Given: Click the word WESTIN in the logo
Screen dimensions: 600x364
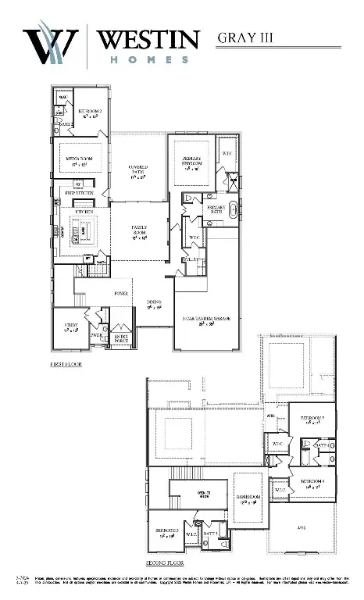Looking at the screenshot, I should [x=148, y=40].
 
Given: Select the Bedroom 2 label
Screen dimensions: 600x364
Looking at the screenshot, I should [x=90, y=114].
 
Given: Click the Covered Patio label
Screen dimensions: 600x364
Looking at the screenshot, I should [x=138, y=170].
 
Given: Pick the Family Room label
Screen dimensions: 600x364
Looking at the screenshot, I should [x=138, y=232].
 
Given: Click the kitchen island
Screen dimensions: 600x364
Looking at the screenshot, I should [x=87, y=232].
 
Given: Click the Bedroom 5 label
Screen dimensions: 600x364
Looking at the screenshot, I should [x=312, y=421].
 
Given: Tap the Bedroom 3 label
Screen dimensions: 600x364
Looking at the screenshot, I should [x=165, y=533].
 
